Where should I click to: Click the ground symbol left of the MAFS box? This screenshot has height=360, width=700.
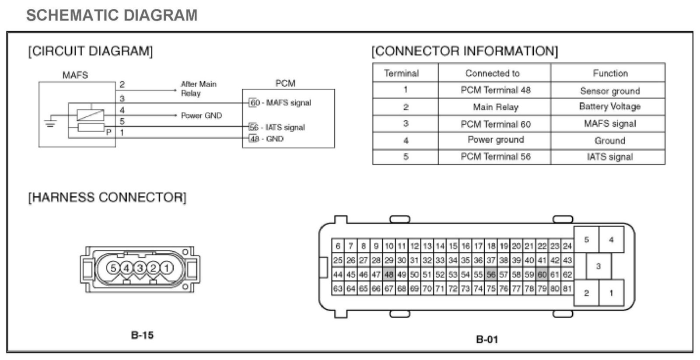click(x=50, y=123)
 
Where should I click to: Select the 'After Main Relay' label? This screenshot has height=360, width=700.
click(x=198, y=88)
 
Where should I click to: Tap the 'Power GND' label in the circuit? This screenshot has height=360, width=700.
click(x=201, y=115)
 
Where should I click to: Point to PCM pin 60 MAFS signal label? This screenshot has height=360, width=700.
click(x=280, y=103)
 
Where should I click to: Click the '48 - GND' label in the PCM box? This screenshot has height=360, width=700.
click(x=266, y=139)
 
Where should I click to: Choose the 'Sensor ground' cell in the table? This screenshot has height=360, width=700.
click(x=609, y=91)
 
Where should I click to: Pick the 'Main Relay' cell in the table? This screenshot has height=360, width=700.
click(x=495, y=107)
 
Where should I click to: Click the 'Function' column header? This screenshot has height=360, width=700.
click(x=610, y=73)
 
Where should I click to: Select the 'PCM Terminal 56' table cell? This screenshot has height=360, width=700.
click(x=495, y=157)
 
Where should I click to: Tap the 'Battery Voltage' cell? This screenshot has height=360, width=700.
click(x=609, y=106)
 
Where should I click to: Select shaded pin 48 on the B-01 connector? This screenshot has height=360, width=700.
click(x=389, y=275)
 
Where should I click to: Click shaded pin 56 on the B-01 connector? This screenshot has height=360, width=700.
click(x=491, y=275)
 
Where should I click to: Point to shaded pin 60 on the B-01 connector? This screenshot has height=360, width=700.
click(x=542, y=275)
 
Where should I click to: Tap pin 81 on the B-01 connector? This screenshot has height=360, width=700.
click(x=567, y=289)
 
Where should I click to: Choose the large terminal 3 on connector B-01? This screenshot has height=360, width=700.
click(x=598, y=266)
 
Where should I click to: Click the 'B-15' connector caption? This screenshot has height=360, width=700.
click(x=142, y=335)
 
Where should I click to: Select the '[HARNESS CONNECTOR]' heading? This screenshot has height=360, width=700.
click(x=107, y=197)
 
